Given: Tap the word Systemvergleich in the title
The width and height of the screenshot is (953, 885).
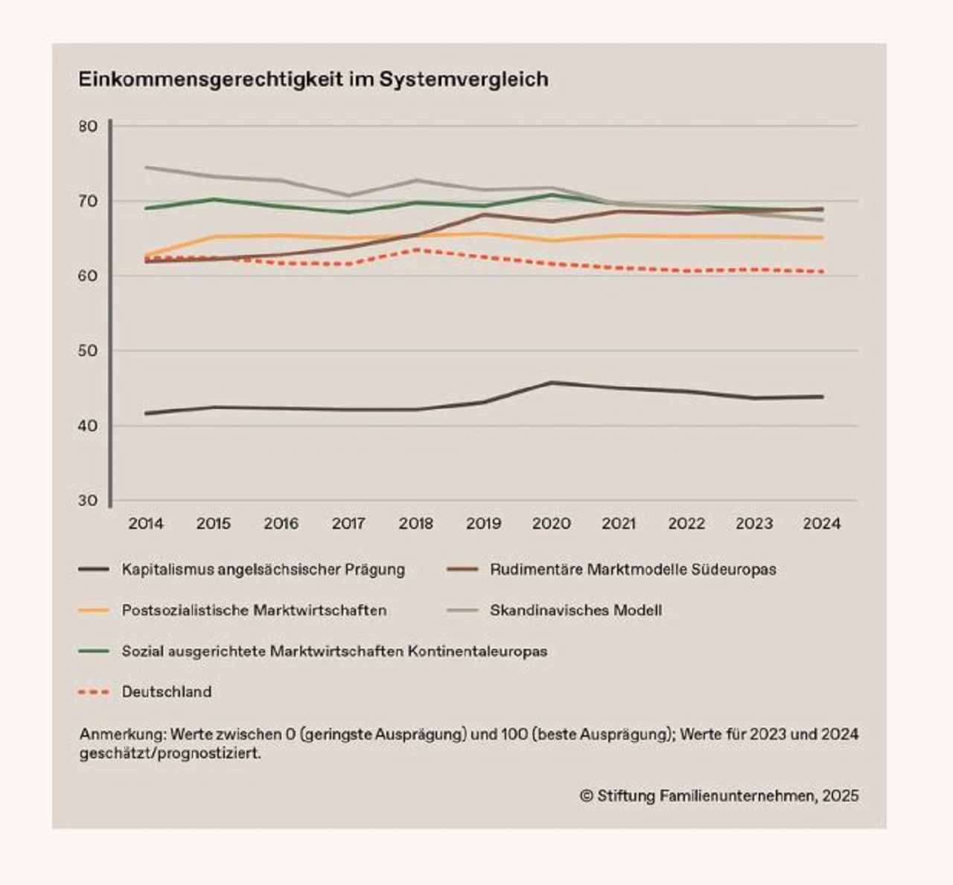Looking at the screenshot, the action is coord(464,80).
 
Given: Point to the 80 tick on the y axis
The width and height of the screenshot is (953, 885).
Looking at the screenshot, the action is coord(88,127).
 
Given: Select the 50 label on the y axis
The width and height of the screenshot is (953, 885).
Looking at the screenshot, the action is coord(88,351).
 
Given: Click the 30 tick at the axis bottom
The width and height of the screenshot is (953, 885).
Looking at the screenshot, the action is coord(88,501).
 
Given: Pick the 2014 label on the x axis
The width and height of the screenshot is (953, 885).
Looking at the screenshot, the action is coord(146,524).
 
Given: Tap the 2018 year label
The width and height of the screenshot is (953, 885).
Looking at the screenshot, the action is coord(416,524).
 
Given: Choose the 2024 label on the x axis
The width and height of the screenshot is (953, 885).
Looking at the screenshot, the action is coord(822,524).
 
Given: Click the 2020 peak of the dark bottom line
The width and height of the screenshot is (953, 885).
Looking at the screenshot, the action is coord(552,383).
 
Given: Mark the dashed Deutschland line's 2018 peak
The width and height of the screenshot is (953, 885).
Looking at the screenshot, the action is coord(416,250).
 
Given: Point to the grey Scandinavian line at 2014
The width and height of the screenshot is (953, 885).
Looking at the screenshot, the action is coord(146,167).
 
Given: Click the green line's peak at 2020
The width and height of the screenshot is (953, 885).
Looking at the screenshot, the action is coord(552,194).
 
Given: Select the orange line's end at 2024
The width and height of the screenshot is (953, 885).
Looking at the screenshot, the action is coord(823,238).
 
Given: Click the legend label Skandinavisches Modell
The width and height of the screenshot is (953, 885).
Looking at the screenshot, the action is coord(576,610).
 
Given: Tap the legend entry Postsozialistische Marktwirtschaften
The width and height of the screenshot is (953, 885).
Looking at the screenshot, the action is coord(255,610).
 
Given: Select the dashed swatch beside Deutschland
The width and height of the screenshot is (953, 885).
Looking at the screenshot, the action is coord(94,692).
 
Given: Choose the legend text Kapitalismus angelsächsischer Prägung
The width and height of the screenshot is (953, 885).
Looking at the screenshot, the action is coord(264,570).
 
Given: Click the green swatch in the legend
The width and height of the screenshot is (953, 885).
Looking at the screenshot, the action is coord(94,651).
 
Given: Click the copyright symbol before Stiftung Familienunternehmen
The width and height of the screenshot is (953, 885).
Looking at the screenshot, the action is coord(587,796).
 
